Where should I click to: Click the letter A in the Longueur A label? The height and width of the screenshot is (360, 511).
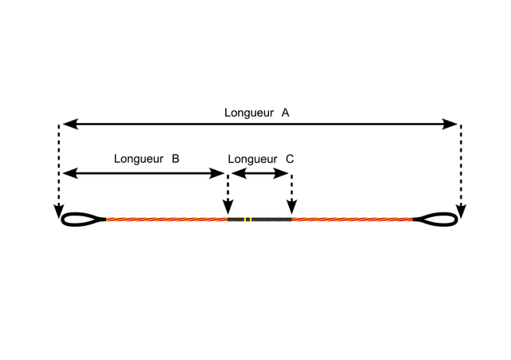tap(285, 113)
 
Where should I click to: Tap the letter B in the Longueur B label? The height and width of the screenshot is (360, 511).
tap(175, 159)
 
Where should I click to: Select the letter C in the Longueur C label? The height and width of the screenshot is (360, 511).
tap(289, 159)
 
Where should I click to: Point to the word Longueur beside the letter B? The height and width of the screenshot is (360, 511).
tap(138, 159)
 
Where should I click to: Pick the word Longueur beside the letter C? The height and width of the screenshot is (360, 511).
tap(252, 159)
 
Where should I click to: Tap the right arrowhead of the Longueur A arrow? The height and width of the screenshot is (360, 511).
tap(452, 124)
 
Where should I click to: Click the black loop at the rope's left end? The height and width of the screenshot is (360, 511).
tap(81, 219)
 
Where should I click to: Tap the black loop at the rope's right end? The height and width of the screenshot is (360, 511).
tap(437, 219)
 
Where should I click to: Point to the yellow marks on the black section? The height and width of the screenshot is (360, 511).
tap(248, 219)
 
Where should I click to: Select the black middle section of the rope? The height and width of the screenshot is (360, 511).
tap(270, 219)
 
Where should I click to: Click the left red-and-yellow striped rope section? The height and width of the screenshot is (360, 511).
tap(166, 219)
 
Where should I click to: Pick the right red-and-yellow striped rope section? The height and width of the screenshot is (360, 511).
tap(351, 219)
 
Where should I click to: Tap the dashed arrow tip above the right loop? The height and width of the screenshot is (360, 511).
tap(461, 212)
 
